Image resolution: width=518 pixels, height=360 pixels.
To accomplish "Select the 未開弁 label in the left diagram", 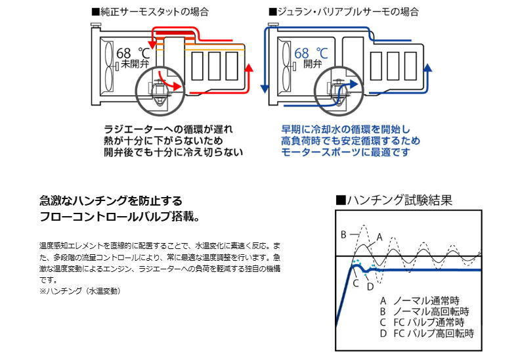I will point(129,65).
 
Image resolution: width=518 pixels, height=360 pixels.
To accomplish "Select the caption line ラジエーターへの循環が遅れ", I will point(168,129).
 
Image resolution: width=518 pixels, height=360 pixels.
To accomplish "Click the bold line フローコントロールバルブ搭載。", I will point(119,216).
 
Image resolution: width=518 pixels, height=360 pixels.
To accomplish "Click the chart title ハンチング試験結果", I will point(393,199).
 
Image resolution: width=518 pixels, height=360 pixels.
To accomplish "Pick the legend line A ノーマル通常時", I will point(423,299).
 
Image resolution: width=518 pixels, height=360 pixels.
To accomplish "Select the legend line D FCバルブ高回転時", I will point(427,333).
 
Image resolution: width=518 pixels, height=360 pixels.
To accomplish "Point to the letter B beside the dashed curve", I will point(343,235).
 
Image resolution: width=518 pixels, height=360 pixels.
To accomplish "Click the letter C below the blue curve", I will point(355,283).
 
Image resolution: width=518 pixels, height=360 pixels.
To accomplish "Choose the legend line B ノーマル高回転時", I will point(427,311).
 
